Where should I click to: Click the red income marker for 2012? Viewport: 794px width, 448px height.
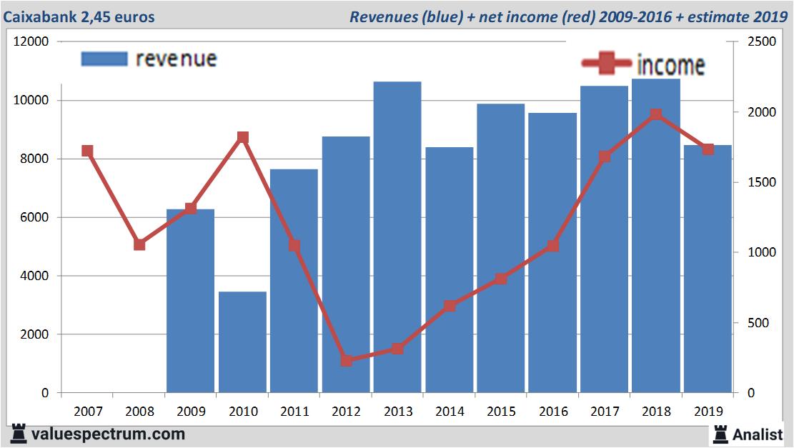[x=346, y=361]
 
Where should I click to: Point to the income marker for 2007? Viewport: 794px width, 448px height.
[x=88, y=151]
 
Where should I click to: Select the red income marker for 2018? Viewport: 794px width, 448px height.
[x=656, y=114]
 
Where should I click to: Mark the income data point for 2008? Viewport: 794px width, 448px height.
[x=139, y=244]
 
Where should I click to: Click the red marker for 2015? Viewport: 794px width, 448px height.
[x=501, y=279]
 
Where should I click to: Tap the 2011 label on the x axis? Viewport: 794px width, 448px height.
[x=294, y=412]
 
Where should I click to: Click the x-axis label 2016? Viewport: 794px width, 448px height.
[x=552, y=412]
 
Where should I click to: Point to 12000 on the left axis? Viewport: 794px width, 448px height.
[x=31, y=41]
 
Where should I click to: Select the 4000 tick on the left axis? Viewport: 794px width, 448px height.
[x=34, y=276]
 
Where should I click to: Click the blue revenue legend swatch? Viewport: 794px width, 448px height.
[x=104, y=59]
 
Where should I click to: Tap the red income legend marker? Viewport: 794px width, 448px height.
[x=607, y=64]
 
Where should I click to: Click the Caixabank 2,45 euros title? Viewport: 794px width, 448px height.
[x=79, y=16]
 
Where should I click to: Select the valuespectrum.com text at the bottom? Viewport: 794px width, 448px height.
[x=107, y=434]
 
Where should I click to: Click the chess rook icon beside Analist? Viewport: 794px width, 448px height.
[x=720, y=433]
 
